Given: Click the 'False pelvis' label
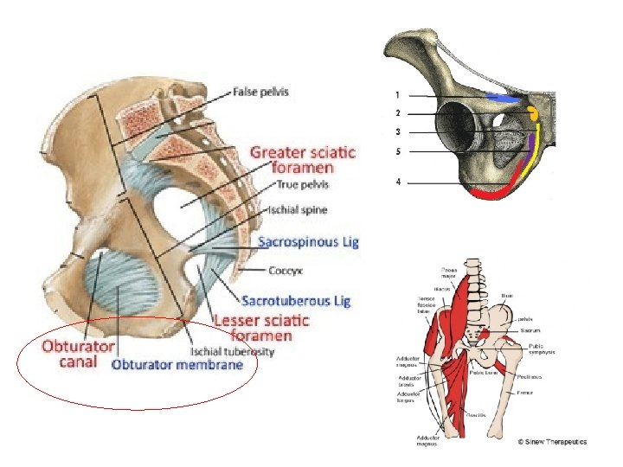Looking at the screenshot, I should pos(260,92).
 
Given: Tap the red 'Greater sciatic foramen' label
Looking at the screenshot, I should pos(302,160).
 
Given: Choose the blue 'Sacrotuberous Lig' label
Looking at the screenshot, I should pos(296,301).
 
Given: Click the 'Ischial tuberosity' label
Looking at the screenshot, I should pos(233,351).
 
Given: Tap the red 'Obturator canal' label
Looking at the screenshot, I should pos(79,354).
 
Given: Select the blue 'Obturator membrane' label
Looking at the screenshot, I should pos(177,364).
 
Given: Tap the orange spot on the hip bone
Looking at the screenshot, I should pos(534,112).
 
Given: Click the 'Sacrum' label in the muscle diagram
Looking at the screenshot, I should pos(531,329).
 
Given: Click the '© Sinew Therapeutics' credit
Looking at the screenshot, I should pos(551,442).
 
